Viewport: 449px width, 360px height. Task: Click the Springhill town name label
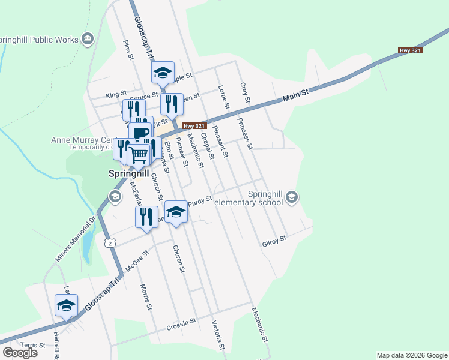pyautogui.click(x=128, y=174)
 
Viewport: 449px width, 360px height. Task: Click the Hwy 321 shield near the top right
pyautogui.click(x=411, y=50)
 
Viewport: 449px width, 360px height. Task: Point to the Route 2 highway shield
pyautogui.click(x=108, y=242)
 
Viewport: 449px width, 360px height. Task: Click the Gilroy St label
pyautogui.click(x=274, y=242)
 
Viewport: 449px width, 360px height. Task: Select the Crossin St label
pyautogui.click(x=182, y=324)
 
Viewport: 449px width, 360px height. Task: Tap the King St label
pyautogui.click(x=116, y=94)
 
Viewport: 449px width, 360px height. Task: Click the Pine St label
pyautogui.click(x=127, y=50)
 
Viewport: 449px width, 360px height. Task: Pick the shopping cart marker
pyautogui.click(x=139, y=155)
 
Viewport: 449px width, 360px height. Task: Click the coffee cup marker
pyautogui.click(x=140, y=133)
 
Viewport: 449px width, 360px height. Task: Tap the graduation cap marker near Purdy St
pyautogui.click(x=176, y=212)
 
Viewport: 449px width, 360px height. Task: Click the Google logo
pyautogui.click(x=20, y=353)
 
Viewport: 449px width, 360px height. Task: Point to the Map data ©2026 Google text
pyautogui.click(x=411, y=355)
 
